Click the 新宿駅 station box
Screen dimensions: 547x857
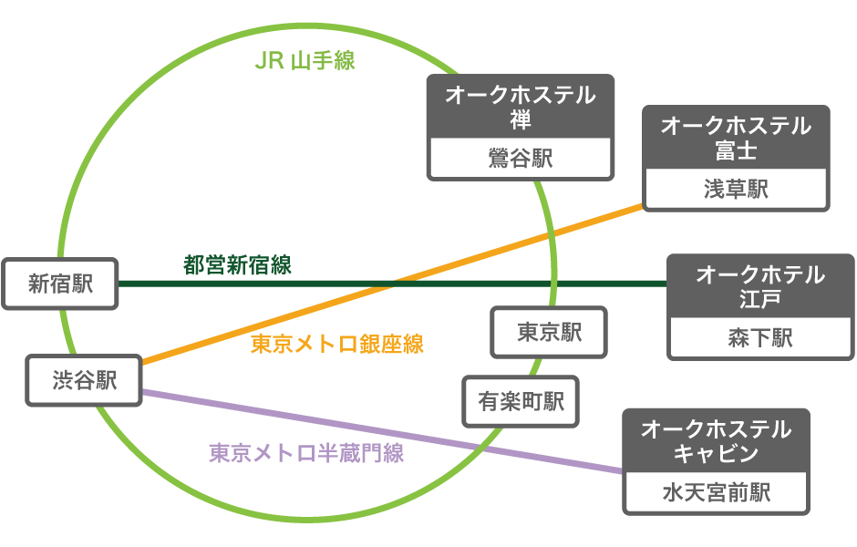click(60, 284)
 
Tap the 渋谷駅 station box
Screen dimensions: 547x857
click(84, 380)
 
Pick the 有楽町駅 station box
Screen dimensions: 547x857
click(521, 401)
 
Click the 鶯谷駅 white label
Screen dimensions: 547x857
click(521, 158)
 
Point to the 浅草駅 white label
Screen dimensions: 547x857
click(736, 189)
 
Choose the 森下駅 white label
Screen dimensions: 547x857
click(760, 338)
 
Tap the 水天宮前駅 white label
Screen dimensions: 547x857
click(716, 492)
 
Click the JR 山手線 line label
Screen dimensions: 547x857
click(305, 61)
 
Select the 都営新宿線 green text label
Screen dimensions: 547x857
click(237, 265)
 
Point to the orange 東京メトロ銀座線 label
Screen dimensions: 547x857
click(337, 345)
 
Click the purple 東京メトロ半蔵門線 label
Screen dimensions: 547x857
click(306, 452)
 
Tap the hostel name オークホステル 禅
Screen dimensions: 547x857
click(521, 107)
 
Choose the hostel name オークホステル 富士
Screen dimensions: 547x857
click(736, 137)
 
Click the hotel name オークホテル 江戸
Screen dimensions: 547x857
click(760, 286)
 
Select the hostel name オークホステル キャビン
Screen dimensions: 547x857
click(716, 440)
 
